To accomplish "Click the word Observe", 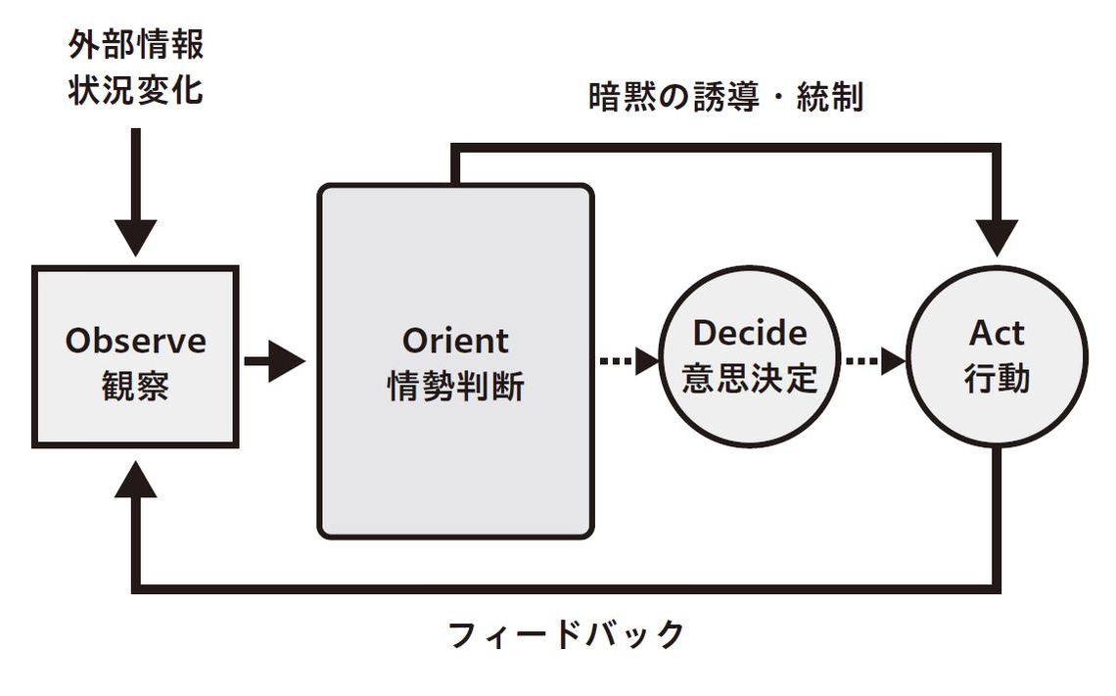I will point(135,341).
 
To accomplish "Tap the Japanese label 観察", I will point(135,386).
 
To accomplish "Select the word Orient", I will point(455,341).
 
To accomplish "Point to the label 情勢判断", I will point(455,386).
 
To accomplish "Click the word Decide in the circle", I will point(750,333).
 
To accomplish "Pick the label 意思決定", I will point(750,378).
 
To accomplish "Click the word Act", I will point(997,333).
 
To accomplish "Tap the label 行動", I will point(997,378).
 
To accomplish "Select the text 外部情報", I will point(136,45).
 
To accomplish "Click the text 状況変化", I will point(136,90).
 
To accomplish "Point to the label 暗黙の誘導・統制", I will point(725,98).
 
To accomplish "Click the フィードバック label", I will point(566,634).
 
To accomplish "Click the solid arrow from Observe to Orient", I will point(274,362).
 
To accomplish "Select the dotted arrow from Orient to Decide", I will point(628,361).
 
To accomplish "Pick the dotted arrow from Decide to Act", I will point(874,361).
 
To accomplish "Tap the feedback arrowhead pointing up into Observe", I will point(136,480).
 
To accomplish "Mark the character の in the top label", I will point(674,98).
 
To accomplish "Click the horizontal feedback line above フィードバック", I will point(566,588).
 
